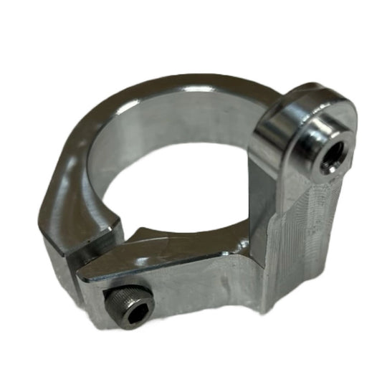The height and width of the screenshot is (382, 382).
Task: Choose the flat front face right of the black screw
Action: click(194, 287)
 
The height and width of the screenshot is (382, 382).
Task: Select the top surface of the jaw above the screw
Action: click(172, 251)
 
